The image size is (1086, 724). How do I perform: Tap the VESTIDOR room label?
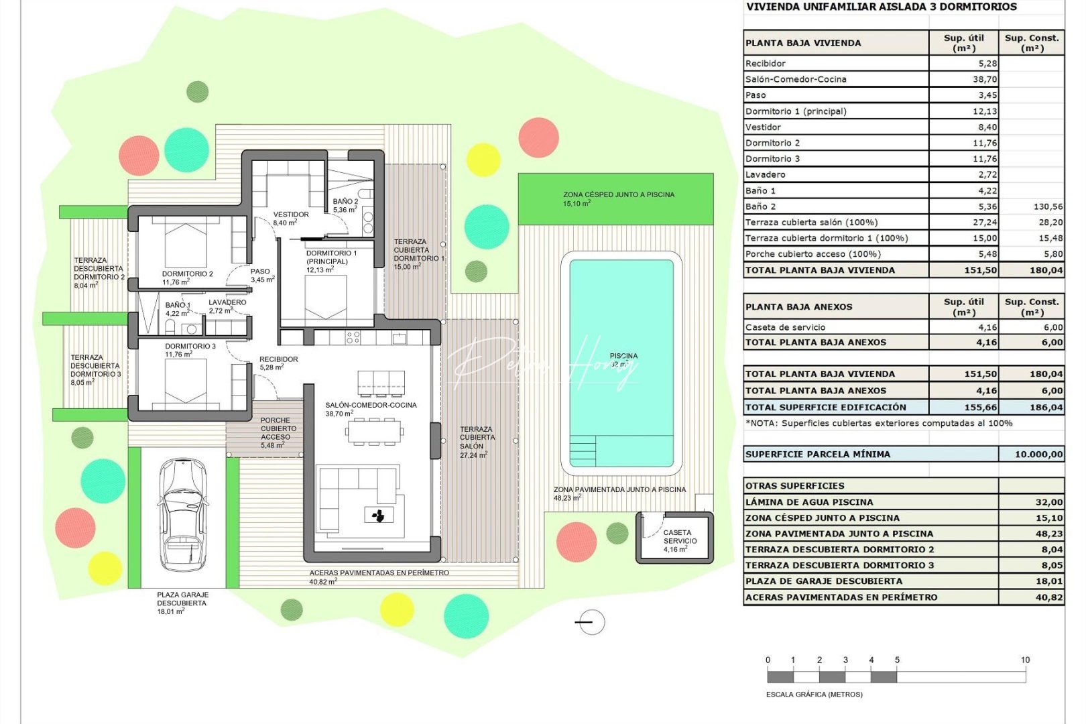[x=291, y=215]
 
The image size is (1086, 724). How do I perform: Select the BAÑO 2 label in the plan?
[x=345, y=202]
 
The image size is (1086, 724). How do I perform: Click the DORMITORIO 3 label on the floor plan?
[x=190, y=347]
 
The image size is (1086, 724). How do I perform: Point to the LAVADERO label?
[x=227, y=302]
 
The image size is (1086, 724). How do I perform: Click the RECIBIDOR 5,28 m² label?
[x=278, y=363]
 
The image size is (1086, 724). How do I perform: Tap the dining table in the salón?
[x=374, y=432]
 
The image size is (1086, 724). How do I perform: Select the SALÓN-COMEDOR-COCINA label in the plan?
[x=371, y=405]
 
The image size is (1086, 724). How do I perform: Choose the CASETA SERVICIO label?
[x=680, y=537]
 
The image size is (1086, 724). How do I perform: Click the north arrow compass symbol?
[x=591, y=622]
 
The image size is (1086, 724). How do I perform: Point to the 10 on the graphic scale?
[x=1024, y=660]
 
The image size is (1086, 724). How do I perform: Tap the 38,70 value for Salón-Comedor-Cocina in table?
[x=984, y=79]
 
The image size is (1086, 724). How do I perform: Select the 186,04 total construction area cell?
[x=1046, y=407]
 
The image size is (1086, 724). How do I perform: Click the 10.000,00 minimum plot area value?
[x=1038, y=455]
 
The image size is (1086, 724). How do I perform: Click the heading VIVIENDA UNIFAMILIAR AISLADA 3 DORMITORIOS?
[x=881, y=7]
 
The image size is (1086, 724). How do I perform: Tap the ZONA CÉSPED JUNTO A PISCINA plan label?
[x=618, y=195]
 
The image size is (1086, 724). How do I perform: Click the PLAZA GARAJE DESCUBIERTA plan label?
[x=182, y=599]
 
